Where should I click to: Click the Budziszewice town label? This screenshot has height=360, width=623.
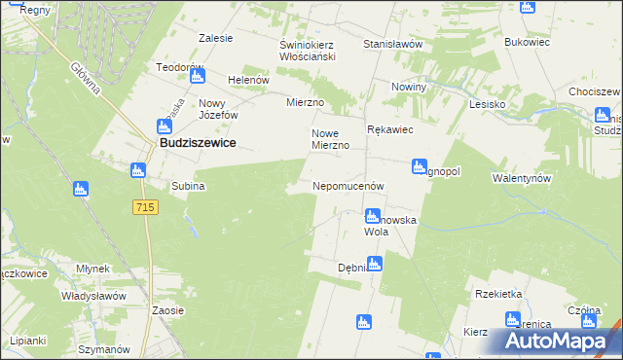click(198, 143)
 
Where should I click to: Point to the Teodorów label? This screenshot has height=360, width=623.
click(179, 68)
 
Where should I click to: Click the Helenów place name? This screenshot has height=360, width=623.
click(247, 80)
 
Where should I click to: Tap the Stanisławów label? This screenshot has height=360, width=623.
click(391, 44)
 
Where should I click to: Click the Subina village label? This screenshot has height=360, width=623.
click(188, 185)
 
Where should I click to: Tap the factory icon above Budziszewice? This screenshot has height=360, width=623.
click(164, 126)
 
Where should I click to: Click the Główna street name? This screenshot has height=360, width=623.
click(87, 77)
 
